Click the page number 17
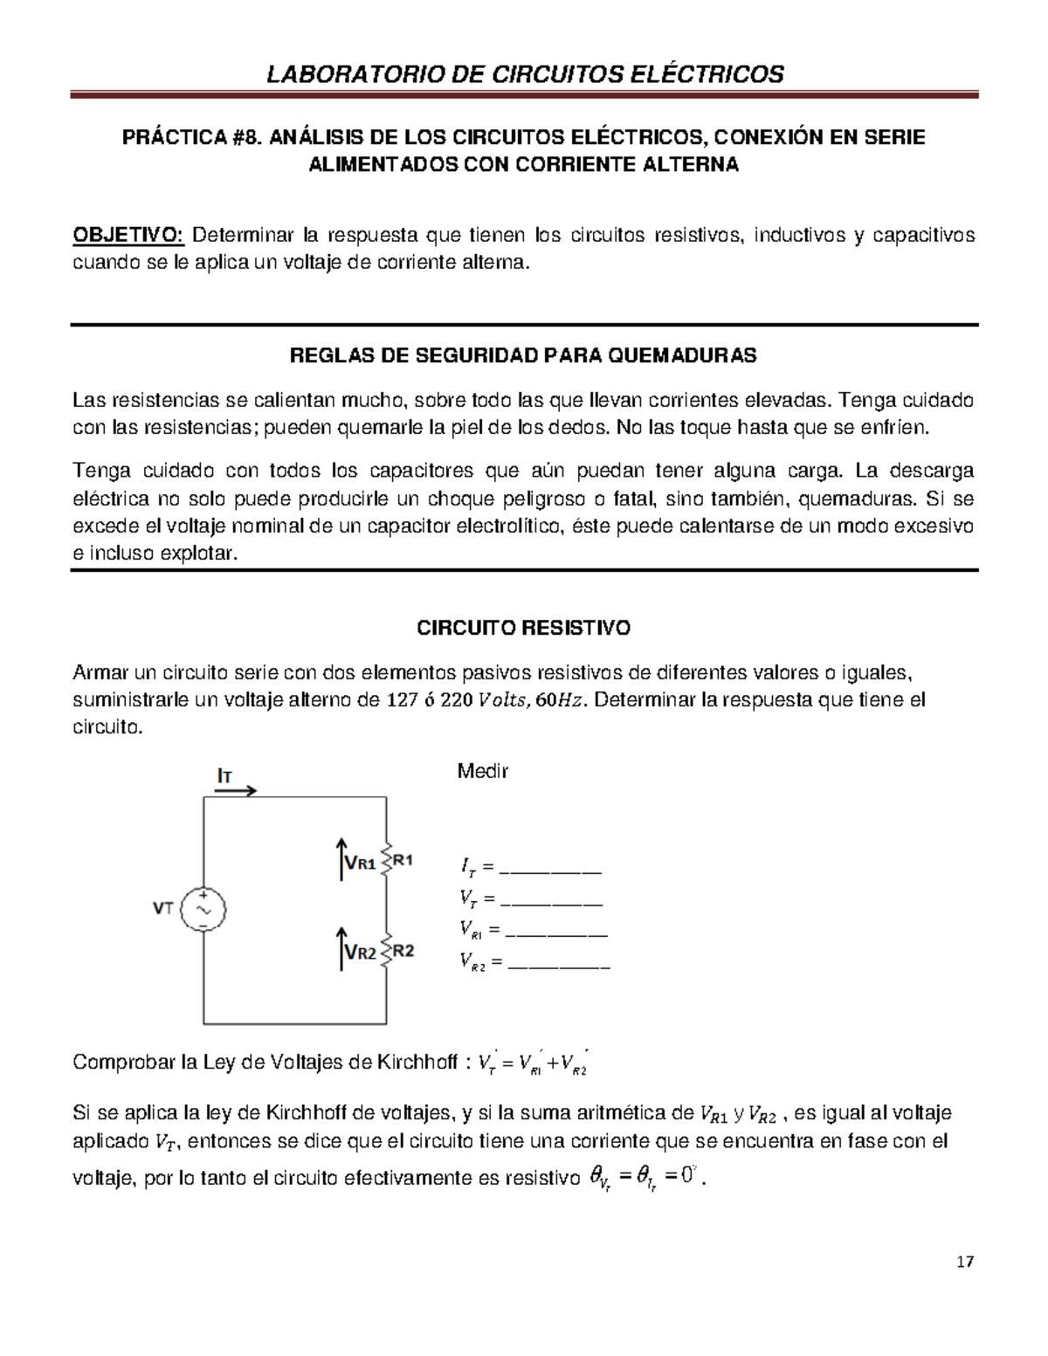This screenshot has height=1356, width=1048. click(x=964, y=1261)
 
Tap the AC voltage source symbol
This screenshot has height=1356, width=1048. click(x=203, y=909)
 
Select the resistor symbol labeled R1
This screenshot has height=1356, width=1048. click(x=386, y=861)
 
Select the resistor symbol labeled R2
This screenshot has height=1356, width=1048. click(x=386, y=951)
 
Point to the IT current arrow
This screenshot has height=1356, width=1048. click(x=234, y=790)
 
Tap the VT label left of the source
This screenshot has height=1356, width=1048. click(x=163, y=908)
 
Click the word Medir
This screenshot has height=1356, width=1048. click(x=483, y=771)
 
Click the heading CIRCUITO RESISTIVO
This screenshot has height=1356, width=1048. click(x=523, y=628)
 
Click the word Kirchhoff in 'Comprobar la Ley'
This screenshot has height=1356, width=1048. click(x=416, y=1062)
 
